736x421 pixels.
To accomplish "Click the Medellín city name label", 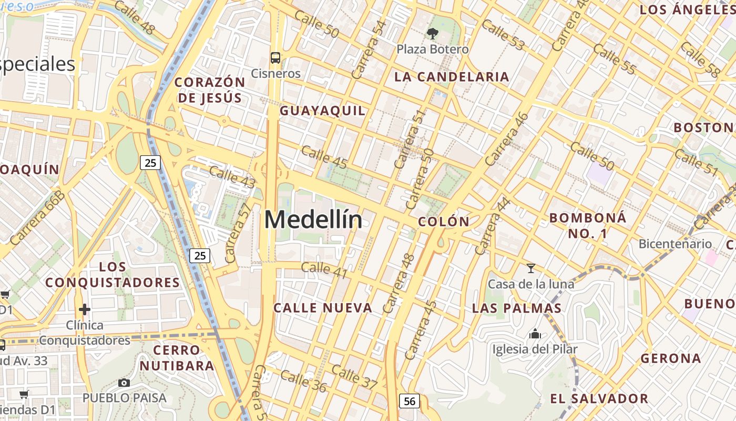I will tap(313, 220).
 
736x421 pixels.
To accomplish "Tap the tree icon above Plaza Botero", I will tap(433, 34).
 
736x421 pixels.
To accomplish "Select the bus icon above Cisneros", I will tap(275, 58).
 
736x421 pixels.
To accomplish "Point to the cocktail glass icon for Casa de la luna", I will tap(531, 269).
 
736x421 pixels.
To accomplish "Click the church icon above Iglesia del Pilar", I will tap(535, 334).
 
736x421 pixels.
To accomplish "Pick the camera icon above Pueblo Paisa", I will tap(124, 383).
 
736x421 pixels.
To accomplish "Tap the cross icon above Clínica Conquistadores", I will tap(85, 309).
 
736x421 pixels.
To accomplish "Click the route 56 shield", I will tap(410, 401).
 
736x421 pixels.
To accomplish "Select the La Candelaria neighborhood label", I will tap(452, 77).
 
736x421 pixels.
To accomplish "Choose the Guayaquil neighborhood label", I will tap(322, 111).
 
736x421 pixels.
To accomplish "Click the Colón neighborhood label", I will tap(444, 222).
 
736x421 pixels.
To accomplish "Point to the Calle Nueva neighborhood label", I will tap(323, 308).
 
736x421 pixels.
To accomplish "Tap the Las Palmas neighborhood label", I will tap(517, 308).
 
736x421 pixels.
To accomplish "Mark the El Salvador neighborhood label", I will tap(599, 398).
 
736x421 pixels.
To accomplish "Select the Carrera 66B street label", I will tap(37, 217).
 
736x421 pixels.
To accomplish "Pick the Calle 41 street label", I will tap(324, 269).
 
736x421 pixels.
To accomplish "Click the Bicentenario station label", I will tap(675, 244).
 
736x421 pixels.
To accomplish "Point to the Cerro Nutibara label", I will tap(184, 357).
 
